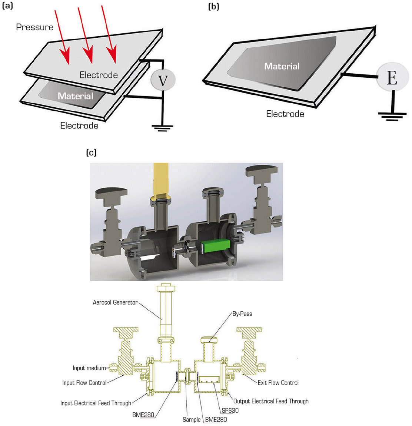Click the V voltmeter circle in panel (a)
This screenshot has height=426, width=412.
(x=163, y=80)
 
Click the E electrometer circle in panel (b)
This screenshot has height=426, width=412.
(x=392, y=78)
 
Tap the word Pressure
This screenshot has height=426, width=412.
(x=34, y=27)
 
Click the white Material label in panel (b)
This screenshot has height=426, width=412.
(x=282, y=66)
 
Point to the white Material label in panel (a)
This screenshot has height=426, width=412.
(x=75, y=96)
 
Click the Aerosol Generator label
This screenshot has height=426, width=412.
(x=115, y=302)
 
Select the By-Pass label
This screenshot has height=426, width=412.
(x=242, y=313)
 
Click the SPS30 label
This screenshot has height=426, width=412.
(x=230, y=410)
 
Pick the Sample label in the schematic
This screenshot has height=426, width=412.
(x=192, y=420)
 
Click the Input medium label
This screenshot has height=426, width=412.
(x=89, y=368)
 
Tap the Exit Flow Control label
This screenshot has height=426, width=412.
(x=278, y=383)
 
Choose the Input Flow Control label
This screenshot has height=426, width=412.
(x=84, y=383)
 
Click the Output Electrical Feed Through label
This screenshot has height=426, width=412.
(x=271, y=401)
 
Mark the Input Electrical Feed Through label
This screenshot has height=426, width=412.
(x=96, y=403)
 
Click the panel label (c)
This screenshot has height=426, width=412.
(x=91, y=152)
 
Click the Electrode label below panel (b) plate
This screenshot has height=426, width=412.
(x=285, y=114)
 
